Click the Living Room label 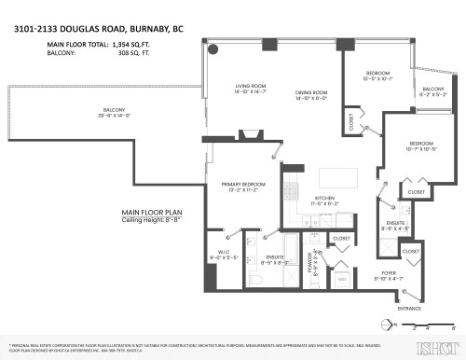251,90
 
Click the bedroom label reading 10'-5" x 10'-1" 378,76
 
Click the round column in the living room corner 212,49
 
